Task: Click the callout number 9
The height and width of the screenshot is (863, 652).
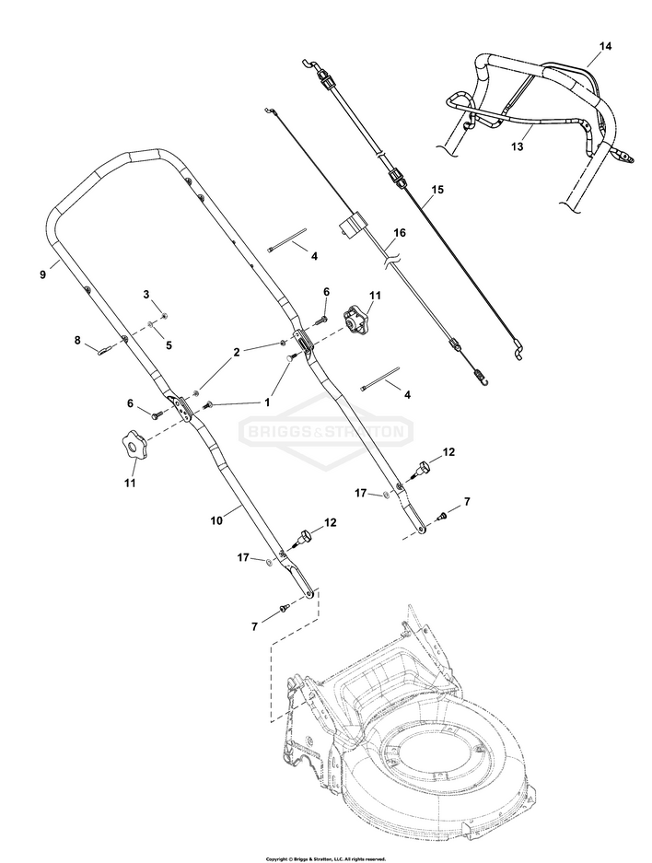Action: pos(43,273)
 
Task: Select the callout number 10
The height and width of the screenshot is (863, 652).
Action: pos(216,520)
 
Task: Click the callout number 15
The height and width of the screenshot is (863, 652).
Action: pos(437,189)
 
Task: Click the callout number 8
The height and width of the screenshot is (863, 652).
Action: pos(77,340)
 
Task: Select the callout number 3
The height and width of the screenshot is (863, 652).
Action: pos(146,294)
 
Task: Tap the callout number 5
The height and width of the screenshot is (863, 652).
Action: pos(168,344)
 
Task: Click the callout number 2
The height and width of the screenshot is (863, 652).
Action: pos(237,353)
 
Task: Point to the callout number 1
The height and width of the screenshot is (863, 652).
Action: pos(268,402)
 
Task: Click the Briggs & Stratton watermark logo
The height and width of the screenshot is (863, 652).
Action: pos(325,430)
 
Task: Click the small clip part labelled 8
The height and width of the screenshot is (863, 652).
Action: pos(107,348)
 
